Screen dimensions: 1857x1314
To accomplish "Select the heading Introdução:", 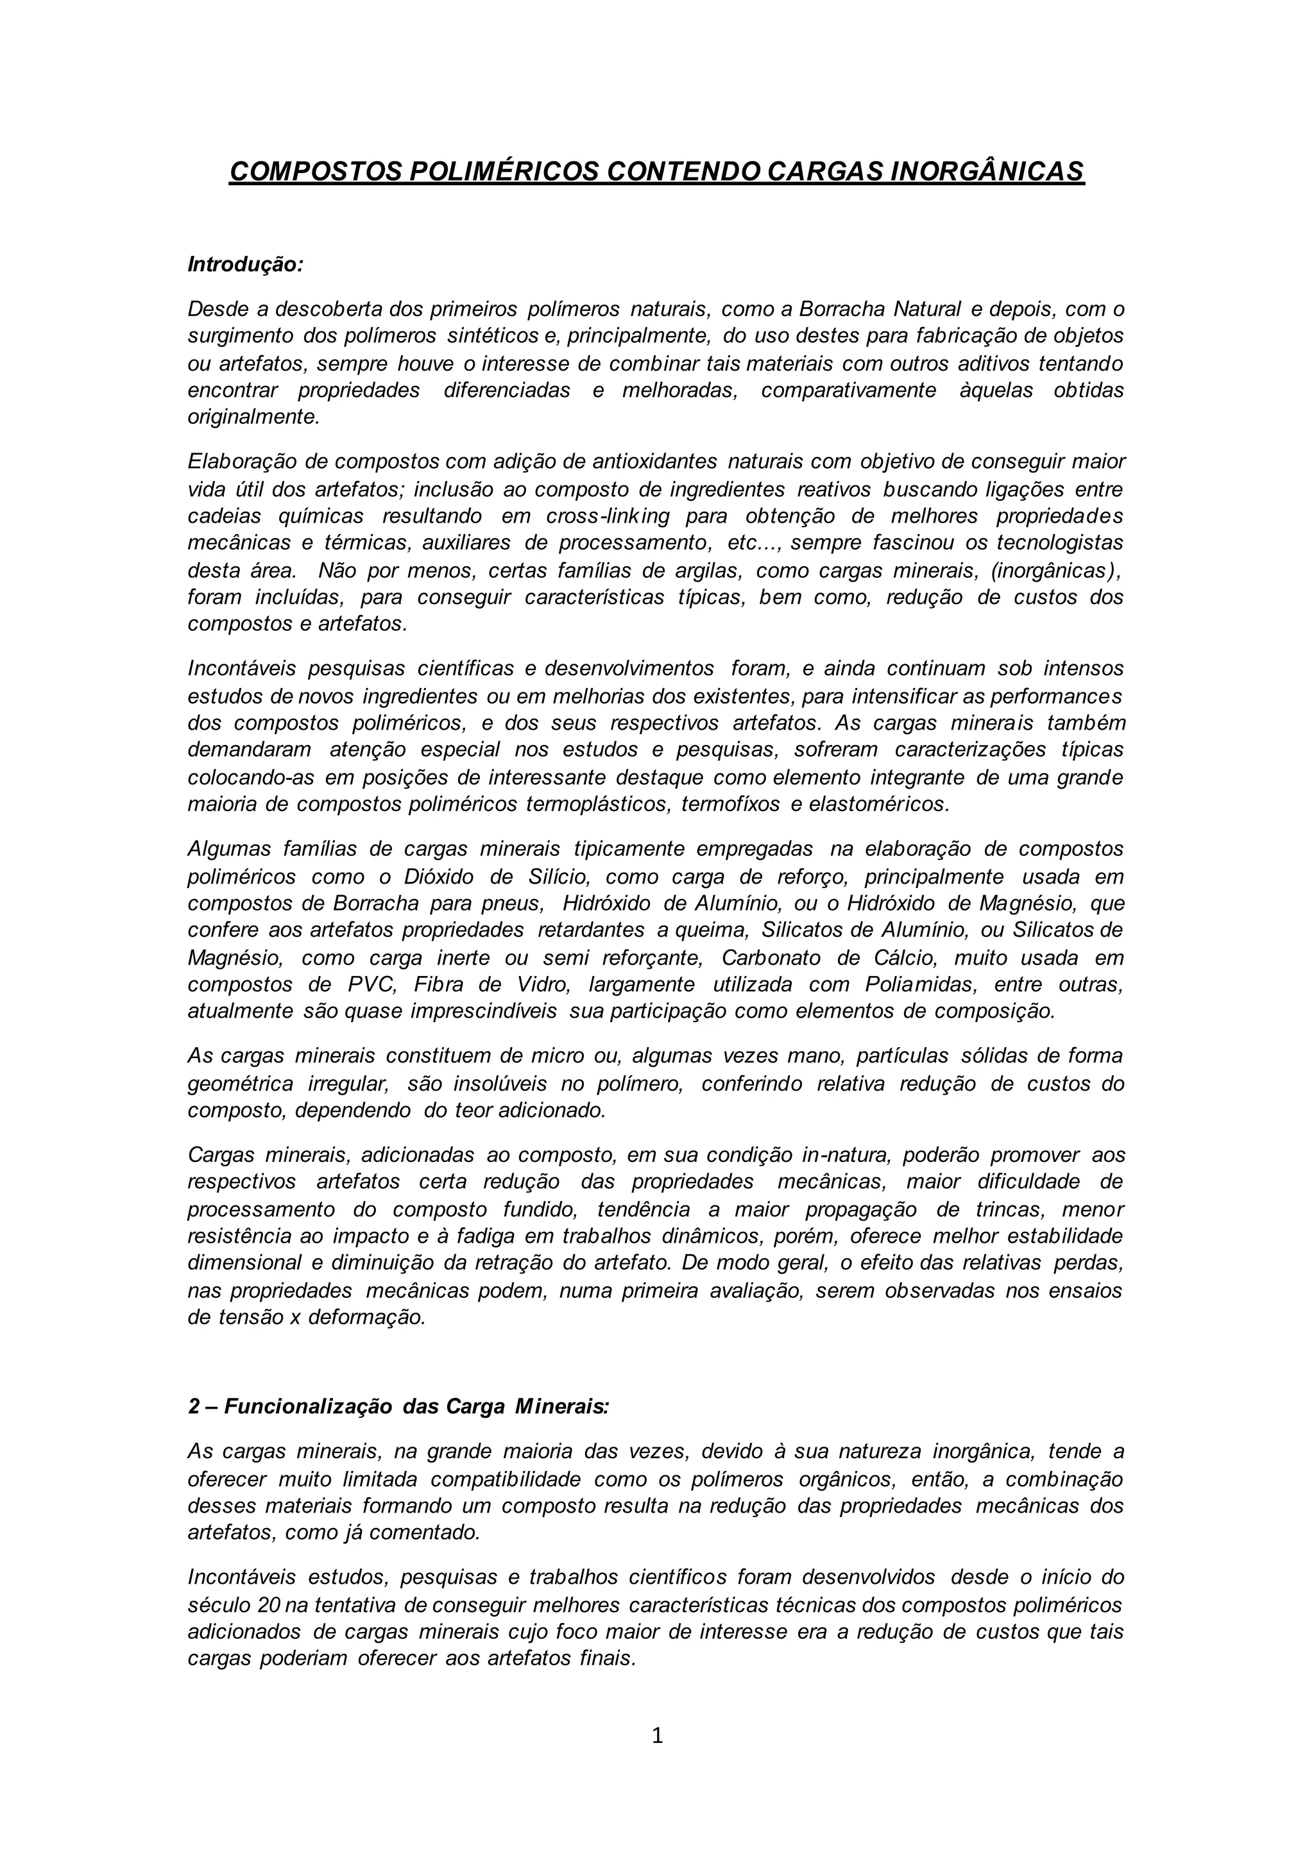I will tap(245, 264).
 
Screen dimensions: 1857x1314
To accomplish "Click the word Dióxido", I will tap(437, 877).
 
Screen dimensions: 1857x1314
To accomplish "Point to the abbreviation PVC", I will tap(371, 984).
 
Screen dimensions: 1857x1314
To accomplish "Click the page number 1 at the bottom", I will tap(657, 1736).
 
